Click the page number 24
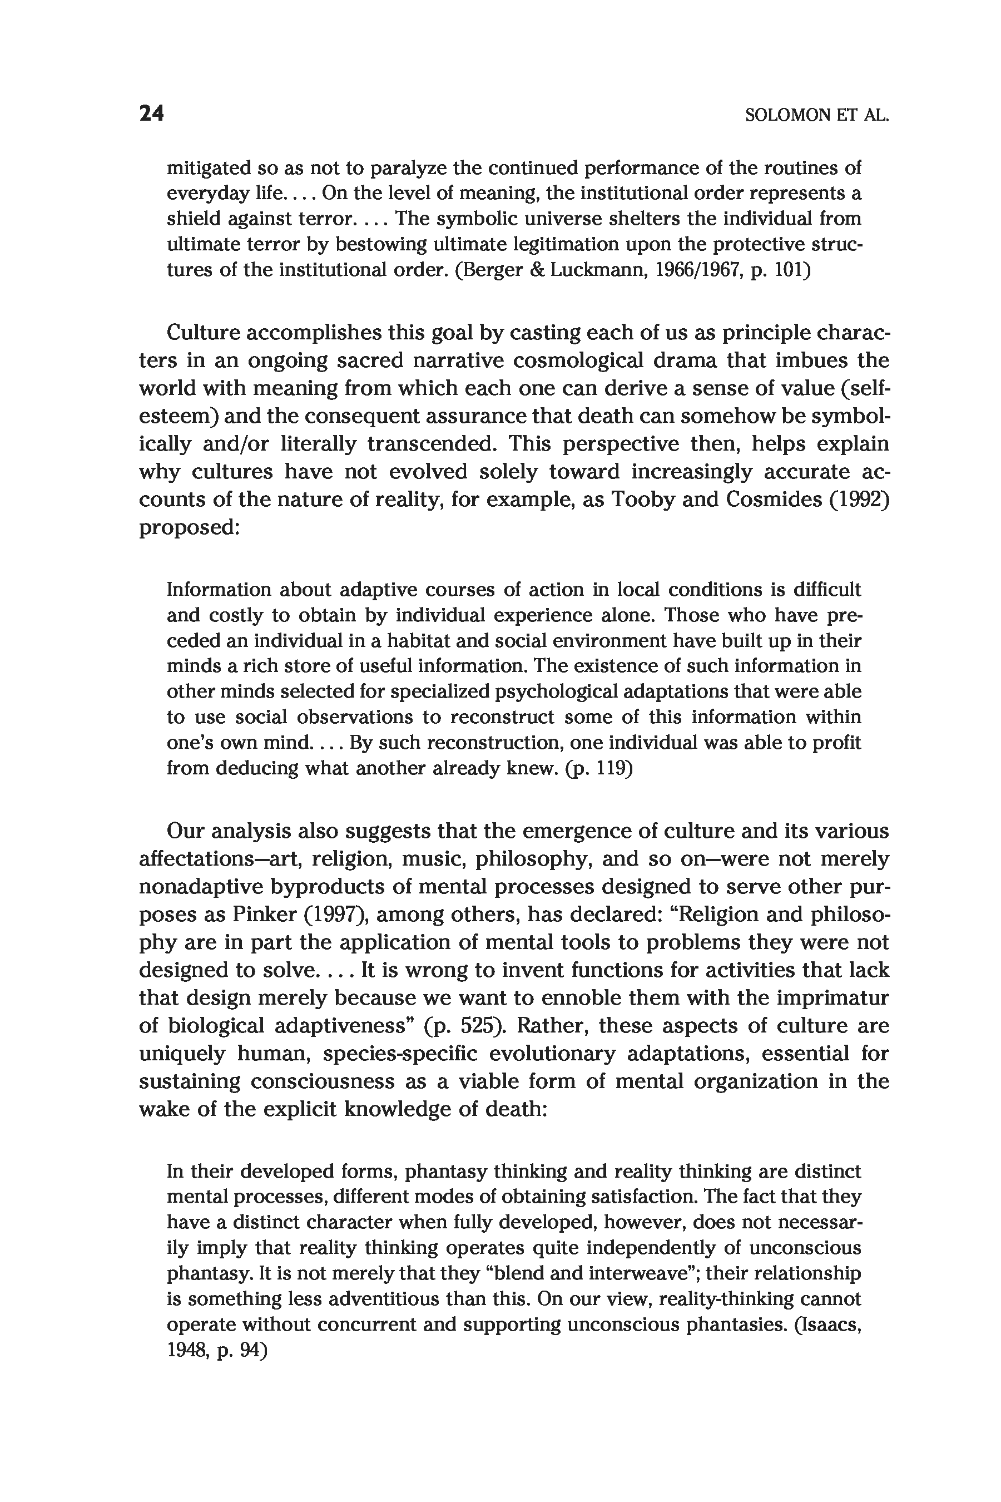152,113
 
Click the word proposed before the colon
186,527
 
